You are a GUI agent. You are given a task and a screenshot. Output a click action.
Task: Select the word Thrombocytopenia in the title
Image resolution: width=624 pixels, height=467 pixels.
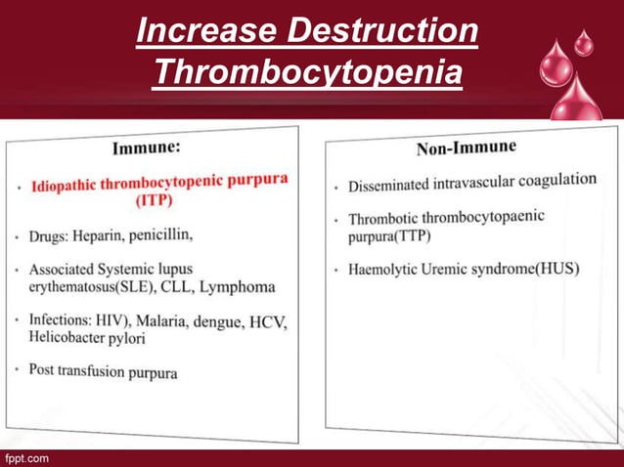pyautogui.click(x=308, y=71)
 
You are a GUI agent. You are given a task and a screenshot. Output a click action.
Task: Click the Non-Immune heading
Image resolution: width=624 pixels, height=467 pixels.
pyautogui.click(x=467, y=148)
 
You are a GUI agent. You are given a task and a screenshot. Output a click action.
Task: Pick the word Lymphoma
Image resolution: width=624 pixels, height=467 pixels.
pyautogui.click(x=237, y=287)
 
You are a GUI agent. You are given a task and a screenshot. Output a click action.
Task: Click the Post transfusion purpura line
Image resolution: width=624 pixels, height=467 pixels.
pyautogui.click(x=104, y=371)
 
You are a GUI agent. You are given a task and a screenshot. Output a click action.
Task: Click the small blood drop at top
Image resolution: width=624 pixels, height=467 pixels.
pyautogui.click(x=583, y=42)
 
